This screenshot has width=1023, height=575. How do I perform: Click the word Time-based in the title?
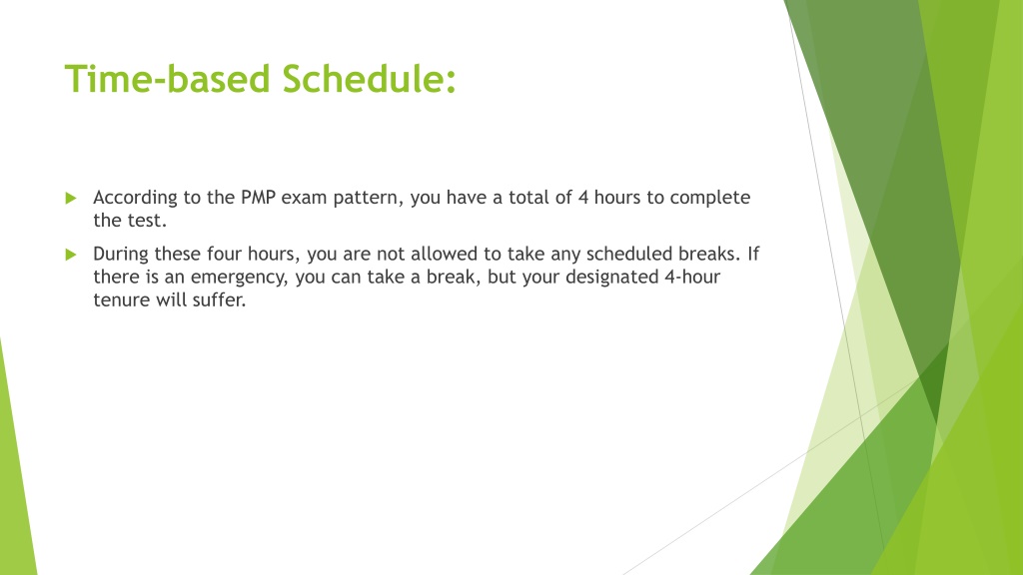tap(168, 79)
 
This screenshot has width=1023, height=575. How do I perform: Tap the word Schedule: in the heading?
tap(370, 79)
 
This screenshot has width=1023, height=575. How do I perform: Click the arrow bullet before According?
tap(71, 199)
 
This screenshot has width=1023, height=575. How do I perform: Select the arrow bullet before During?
tap(71, 255)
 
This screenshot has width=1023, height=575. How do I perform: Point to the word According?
tap(135, 199)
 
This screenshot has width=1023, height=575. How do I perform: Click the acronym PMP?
tap(259, 198)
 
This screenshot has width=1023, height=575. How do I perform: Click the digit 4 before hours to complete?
tap(583, 198)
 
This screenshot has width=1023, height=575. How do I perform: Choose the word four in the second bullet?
tap(225, 254)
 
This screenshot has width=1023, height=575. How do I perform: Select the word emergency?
tap(239, 279)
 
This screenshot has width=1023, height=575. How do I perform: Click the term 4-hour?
tap(692, 278)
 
